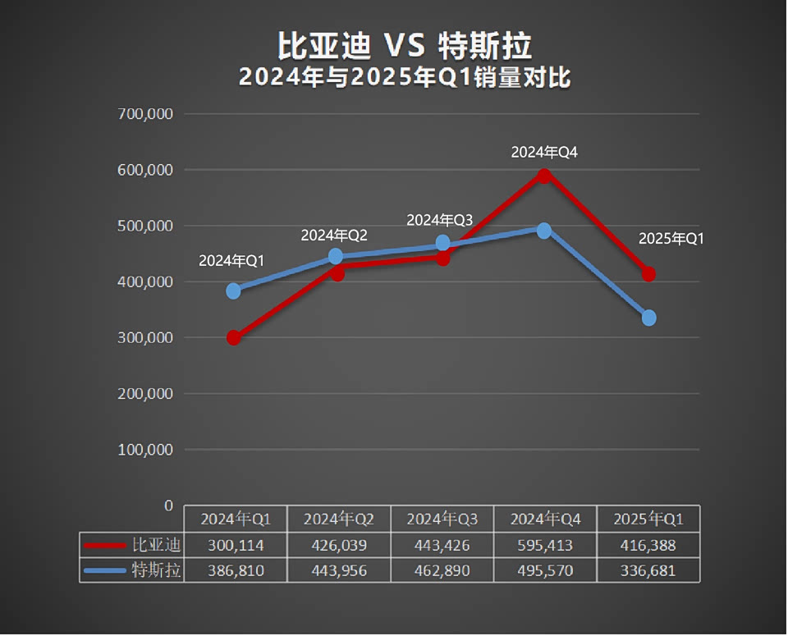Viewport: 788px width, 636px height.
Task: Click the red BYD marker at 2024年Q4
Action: (543, 176)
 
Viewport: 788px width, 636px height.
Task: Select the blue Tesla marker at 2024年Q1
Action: (234, 291)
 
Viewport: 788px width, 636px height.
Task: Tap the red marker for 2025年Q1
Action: (648, 273)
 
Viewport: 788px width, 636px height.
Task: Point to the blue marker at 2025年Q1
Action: (648, 318)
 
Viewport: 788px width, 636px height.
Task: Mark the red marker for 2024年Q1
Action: (234, 337)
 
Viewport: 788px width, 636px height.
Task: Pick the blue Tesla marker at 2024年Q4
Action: (543, 231)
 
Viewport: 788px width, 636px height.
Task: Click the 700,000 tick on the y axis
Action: (146, 114)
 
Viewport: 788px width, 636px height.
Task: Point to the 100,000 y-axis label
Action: (146, 450)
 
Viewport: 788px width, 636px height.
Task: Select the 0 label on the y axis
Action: (168, 506)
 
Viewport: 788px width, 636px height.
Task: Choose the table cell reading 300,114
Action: (236, 545)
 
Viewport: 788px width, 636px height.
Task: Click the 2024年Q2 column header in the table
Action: (339, 519)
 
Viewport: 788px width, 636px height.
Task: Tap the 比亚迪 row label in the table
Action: (156, 544)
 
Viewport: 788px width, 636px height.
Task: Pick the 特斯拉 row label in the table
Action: (156, 570)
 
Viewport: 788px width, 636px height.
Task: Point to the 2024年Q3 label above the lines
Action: (440, 220)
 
